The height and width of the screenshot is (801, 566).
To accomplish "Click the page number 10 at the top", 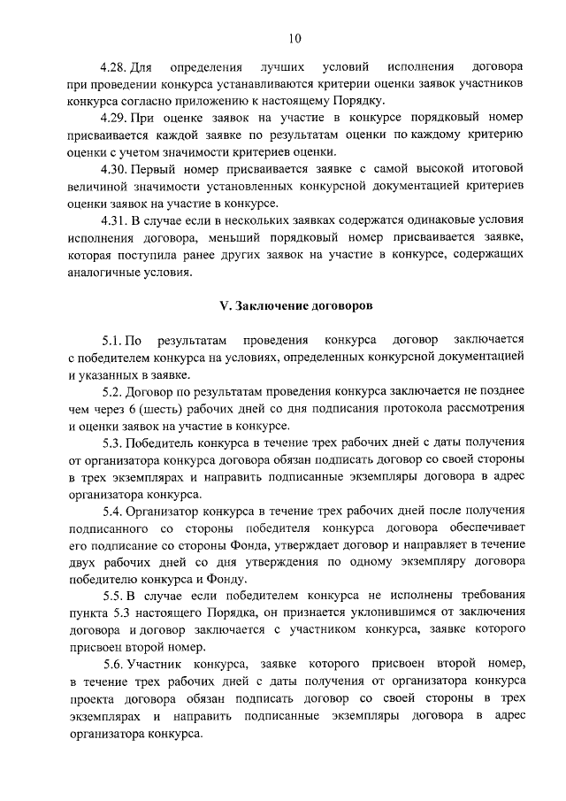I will pos(294,37).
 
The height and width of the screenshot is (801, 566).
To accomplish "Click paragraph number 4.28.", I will pos(113,67).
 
